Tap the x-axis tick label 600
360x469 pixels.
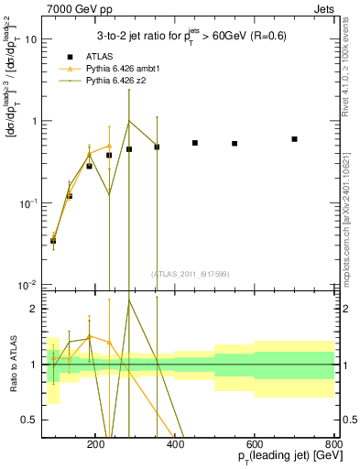[256, 442]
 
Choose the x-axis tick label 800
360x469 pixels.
[333, 442]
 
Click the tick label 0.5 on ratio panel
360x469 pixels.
[30, 420]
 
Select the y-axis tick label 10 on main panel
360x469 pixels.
[30, 39]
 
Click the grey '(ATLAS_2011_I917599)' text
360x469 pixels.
[191, 273]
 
